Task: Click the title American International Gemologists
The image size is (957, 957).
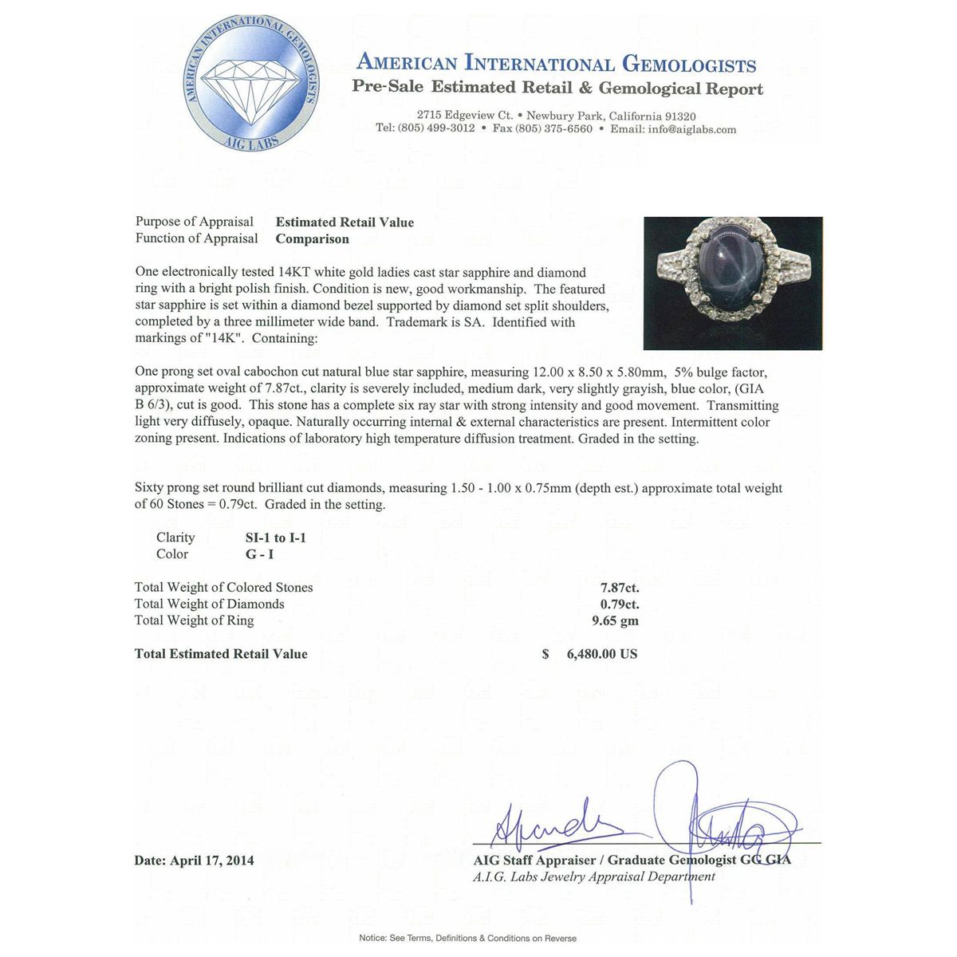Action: point(556,64)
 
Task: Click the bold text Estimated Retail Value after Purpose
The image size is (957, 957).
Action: point(345,223)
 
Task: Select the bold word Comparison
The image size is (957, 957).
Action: point(312,238)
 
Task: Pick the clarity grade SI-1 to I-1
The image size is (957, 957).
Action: point(275,538)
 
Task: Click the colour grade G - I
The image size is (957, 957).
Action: point(260,554)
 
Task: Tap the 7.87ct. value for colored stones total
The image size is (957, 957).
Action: point(620,588)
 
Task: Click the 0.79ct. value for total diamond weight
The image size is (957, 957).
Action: point(620,605)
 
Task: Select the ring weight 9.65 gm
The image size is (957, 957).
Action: point(620,620)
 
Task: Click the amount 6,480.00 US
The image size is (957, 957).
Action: point(601,654)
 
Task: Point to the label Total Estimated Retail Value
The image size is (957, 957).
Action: point(221,654)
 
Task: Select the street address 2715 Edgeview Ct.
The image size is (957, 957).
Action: point(464,116)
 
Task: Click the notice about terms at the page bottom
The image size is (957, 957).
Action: point(467,938)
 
